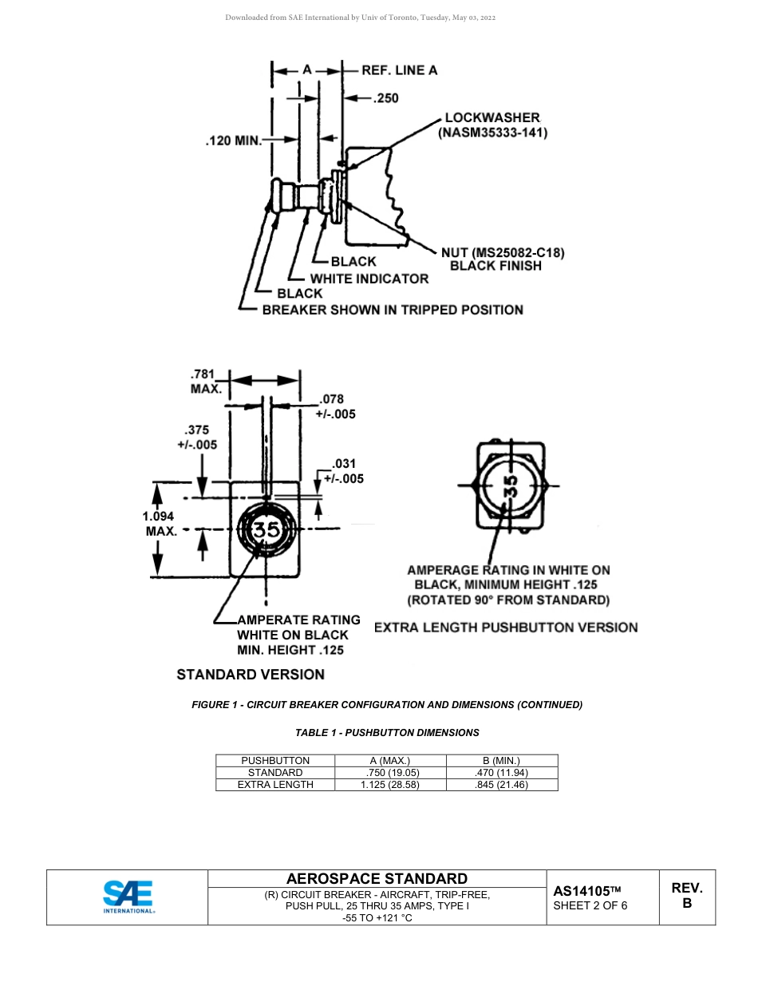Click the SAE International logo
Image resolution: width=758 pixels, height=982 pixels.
point(128,897)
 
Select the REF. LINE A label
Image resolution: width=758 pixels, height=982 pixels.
point(399,70)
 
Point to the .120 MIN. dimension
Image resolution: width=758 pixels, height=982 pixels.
point(233,141)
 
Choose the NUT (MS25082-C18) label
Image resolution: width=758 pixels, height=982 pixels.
point(503,253)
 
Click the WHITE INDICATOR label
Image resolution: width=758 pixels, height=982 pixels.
point(369,279)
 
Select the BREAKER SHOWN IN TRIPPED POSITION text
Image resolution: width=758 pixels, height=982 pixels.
point(393,310)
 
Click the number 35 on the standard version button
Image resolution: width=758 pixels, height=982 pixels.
point(267,529)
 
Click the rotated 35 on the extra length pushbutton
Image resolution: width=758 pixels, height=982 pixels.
point(511,485)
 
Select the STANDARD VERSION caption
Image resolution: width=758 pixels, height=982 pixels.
point(251,675)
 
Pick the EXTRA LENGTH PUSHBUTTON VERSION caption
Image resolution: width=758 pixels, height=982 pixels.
point(506,628)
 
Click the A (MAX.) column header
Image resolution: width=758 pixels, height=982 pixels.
point(389,761)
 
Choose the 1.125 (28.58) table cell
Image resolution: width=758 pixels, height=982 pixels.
point(389,785)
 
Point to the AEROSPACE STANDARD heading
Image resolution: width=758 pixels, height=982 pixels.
point(377,879)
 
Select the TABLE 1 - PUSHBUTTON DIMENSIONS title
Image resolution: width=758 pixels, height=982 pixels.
point(387,732)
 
